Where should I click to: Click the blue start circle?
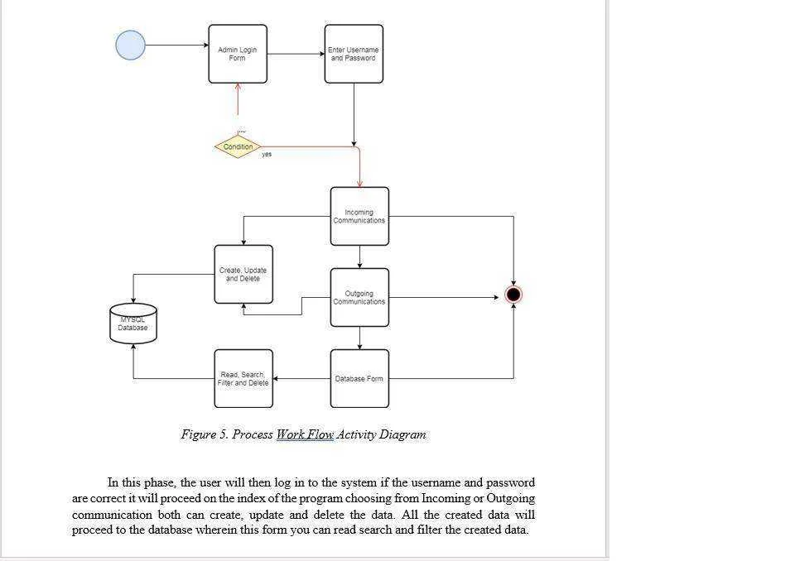coord(130,46)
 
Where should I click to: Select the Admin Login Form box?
coord(238,54)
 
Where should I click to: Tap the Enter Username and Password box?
coord(354,54)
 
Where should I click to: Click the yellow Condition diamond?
coord(238,146)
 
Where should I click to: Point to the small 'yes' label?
coord(267,154)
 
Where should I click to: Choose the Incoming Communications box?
coord(359,217)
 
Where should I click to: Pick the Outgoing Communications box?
coord(359,298)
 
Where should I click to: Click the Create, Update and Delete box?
coord(243,275)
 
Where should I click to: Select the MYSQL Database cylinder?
coord(133,324)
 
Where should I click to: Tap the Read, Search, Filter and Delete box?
coord(243,379)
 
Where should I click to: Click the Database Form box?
coord(359,379)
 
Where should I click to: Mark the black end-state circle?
coord(513,295)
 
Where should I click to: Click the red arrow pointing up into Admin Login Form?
coord(238,99)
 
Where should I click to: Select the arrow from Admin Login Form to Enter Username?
coord(296,54)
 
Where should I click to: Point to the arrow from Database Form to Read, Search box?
coord(301,379)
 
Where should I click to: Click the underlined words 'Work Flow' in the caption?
coord(305,434)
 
